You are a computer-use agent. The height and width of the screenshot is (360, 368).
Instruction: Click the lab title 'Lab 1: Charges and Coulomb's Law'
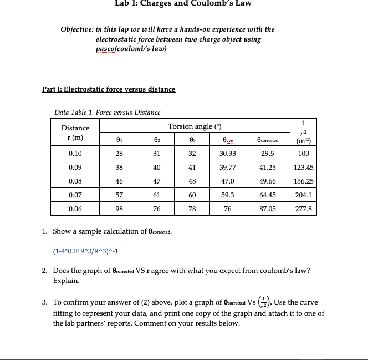click(x=183, y=4)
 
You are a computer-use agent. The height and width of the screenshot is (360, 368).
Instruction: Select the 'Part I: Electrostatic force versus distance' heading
click(x=109, y=89)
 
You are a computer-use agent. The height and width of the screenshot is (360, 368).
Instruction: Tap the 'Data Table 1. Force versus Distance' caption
click(x=107, y=113)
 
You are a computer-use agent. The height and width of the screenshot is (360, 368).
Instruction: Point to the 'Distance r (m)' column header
click(x=75, y=133)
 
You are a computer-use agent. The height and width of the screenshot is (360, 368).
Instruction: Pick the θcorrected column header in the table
click(x=268, y=140)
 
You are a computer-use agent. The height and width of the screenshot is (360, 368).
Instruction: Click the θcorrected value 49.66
click(x=268, y=181)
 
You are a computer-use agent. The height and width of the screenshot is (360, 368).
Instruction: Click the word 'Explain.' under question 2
click(x=67, y=281)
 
